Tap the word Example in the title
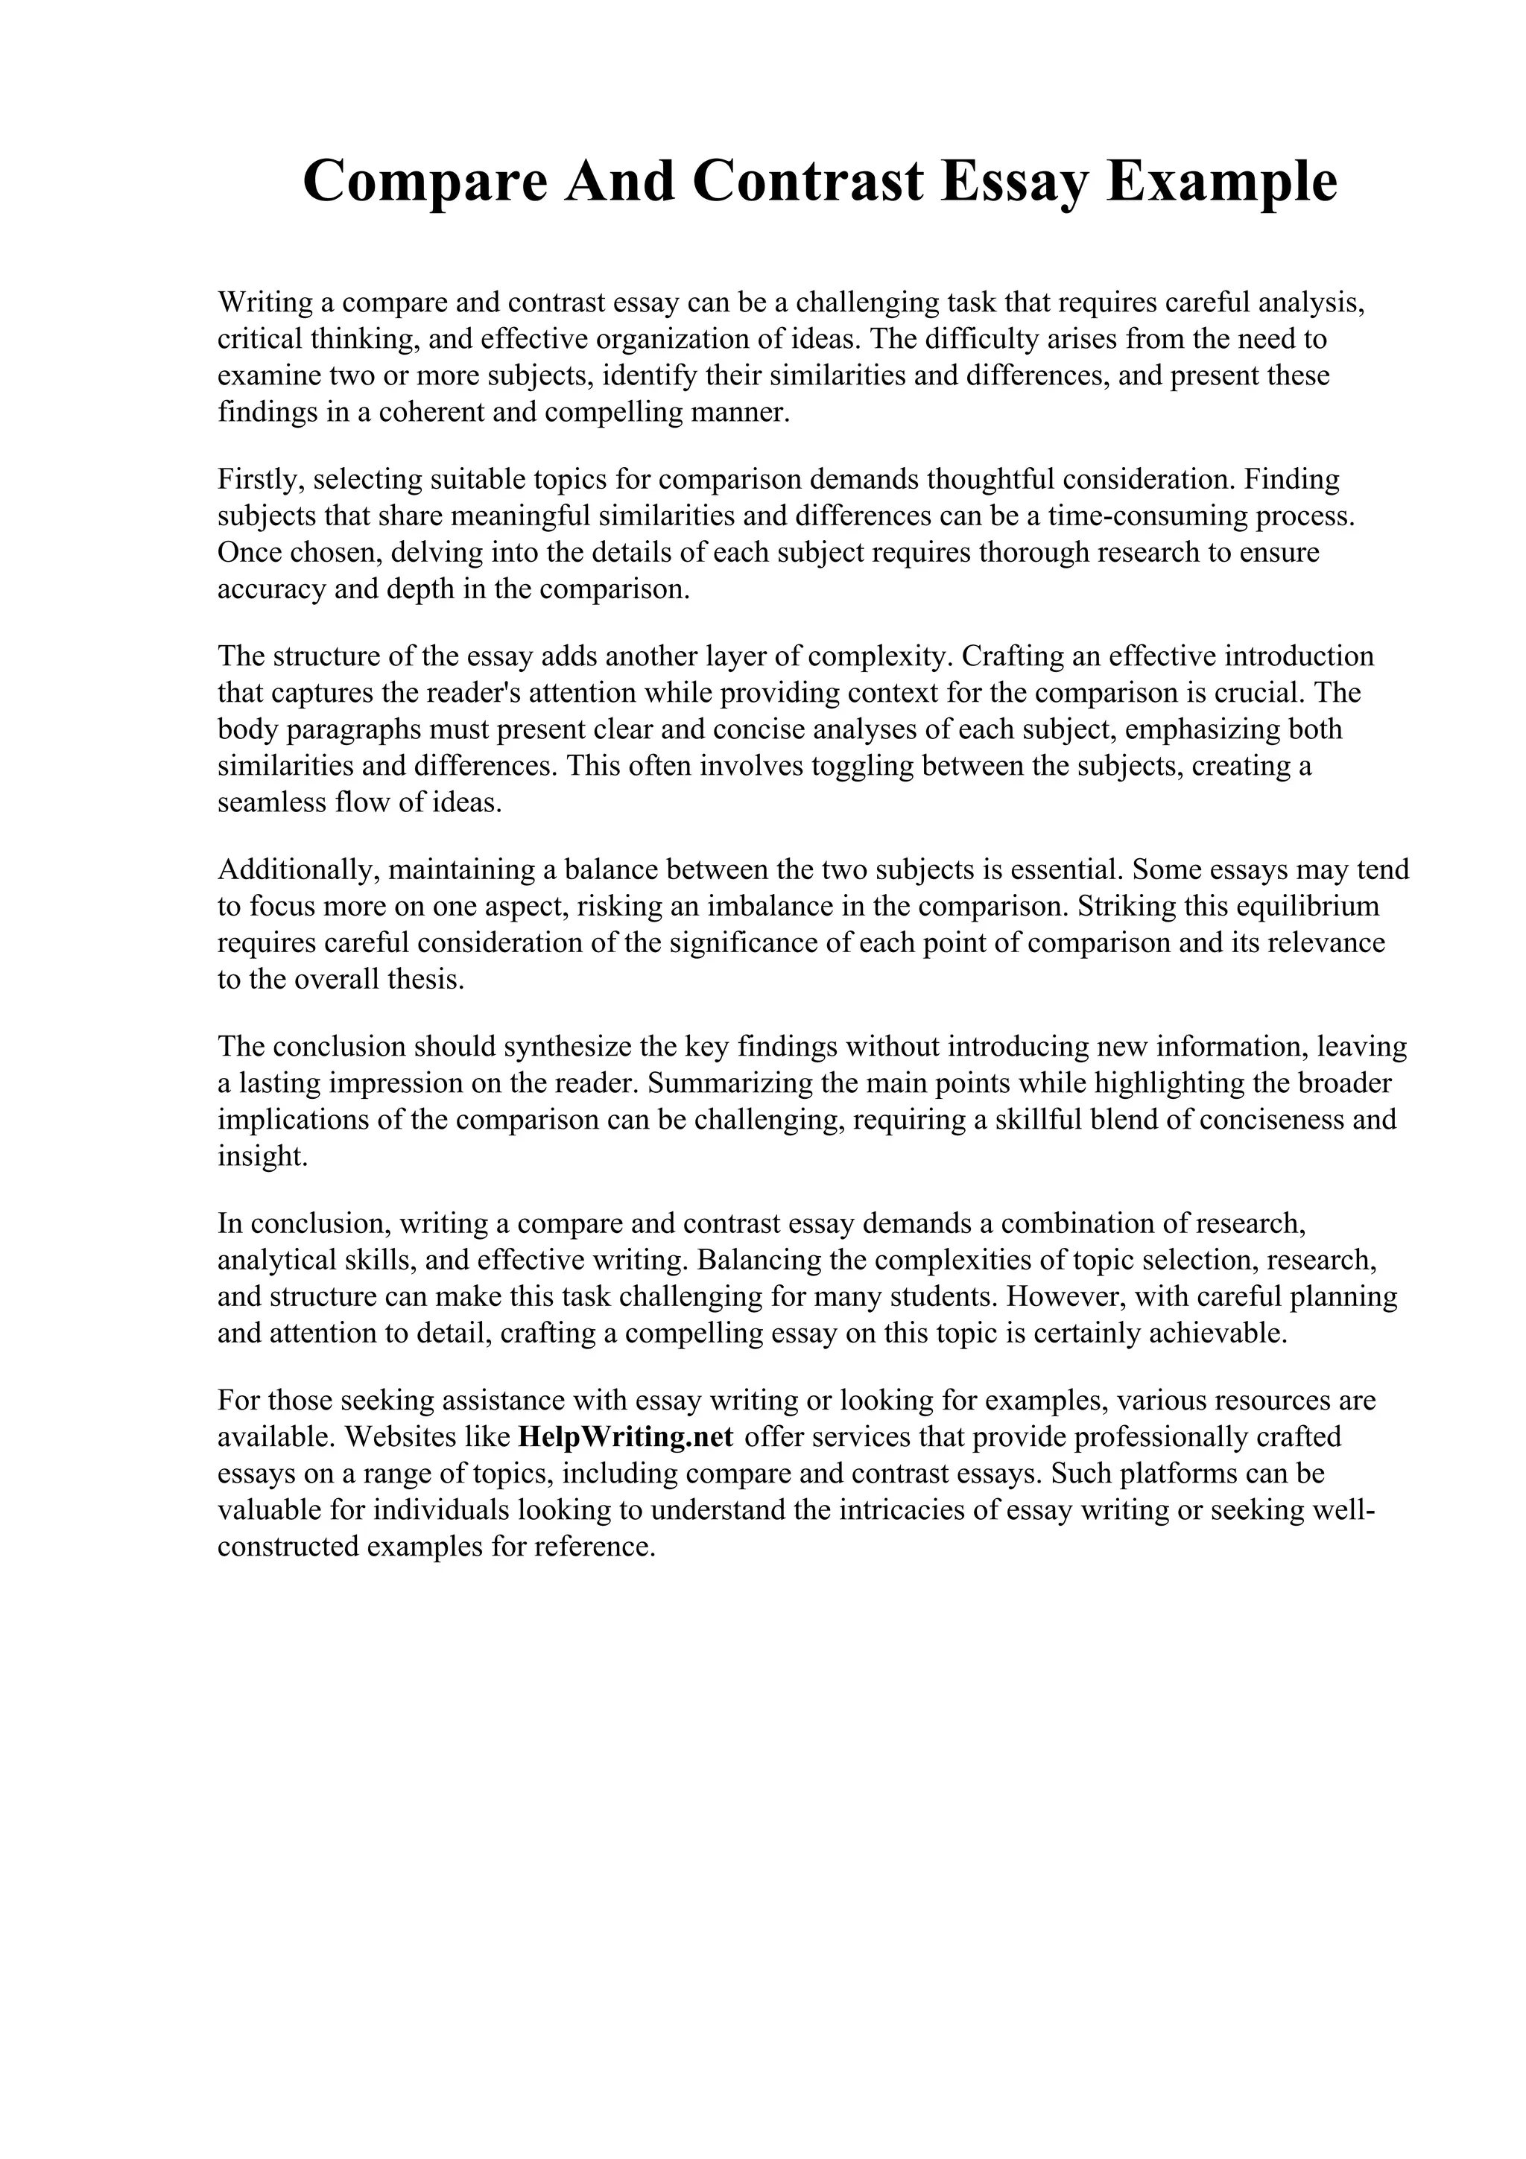[1221, 183]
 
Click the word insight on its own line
[262, 1156]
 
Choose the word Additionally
[298, 870]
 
